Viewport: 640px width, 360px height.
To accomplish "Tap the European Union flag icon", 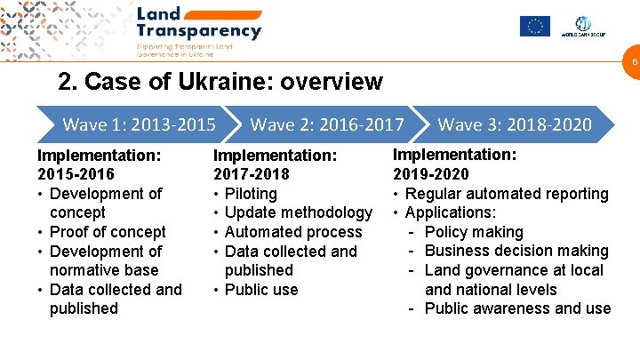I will tap(535, 26).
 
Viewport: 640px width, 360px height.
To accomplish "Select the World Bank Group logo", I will tap(583, 26).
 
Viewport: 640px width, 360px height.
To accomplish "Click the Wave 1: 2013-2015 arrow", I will tap(133, 124).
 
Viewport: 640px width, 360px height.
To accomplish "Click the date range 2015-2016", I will tap(76, 174).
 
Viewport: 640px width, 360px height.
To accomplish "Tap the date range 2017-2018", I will tap(252, 174).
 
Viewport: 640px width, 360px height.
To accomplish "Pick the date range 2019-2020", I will tap(430, 174).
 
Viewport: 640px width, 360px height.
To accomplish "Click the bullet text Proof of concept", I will tap(108, 232).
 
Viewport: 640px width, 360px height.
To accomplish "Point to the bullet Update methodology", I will tap(299, 212).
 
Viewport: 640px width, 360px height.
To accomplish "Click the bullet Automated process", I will tap(293, 232).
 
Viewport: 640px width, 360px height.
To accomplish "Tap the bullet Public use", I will tap(261, 290).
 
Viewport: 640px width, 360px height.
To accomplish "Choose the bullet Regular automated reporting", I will tap(507, 193).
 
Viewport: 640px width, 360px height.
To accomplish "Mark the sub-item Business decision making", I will tap(516, 251).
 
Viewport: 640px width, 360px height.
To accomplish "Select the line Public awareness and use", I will tap(517, 308).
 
